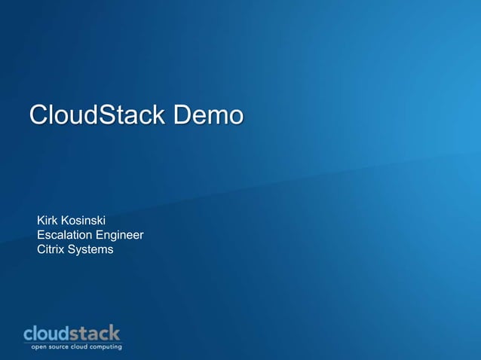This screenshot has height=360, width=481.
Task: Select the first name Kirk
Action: pyautogui.click(x=48, y=220)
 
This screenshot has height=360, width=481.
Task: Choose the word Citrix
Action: pyautogui.click(x=51, y=249)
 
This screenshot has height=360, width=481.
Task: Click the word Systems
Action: pyautogui.click(x=90, y=249)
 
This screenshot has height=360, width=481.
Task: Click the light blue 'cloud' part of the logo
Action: pyautogui.click(x=47, y=333)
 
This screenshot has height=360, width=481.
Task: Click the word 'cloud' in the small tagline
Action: pyautogui.click(x=81, y=346)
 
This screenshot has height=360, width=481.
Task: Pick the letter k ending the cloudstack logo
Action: pyautogui.click(x=115, y=332)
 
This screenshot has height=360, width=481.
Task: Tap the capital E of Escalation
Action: pyautogui.click(x=41, y=235)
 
